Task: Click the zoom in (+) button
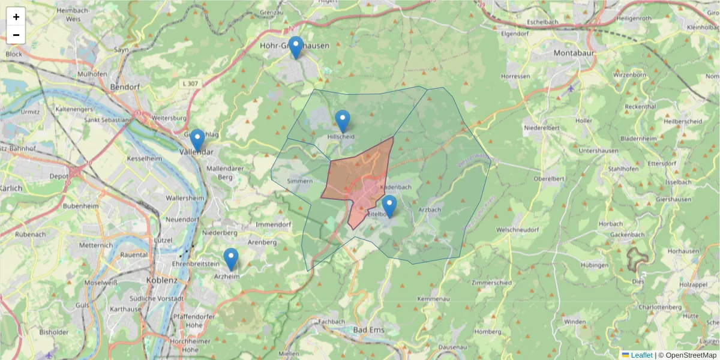16,17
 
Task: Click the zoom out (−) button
16,35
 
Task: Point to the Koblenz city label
162,280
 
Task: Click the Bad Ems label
368,330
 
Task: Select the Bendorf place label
125,87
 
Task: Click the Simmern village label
300,181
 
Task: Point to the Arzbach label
430,209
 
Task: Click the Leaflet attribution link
641,355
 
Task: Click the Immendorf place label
273,224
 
